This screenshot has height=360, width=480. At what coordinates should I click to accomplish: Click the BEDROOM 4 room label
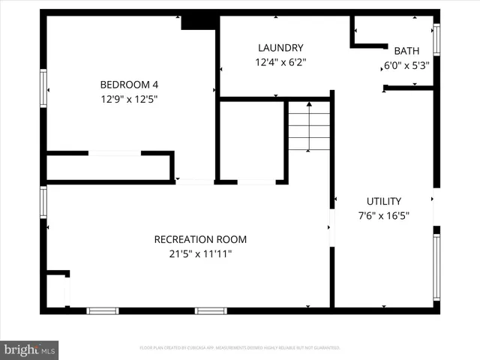click(130, 85)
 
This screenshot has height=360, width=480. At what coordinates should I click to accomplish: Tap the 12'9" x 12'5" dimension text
click(130, 98)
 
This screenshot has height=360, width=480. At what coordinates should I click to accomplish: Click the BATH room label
click(406, 51)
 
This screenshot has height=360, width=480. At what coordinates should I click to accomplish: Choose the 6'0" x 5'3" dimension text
click(406, 65)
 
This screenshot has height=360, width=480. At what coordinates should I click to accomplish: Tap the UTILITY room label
click(383, 201)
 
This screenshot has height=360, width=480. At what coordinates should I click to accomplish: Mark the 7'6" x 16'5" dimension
click(383, 215)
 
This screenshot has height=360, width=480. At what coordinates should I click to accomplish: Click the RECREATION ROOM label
click(200, 239)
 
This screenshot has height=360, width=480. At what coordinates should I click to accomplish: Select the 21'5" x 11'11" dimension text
click(200, 253)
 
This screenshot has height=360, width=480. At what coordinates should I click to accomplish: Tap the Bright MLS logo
click(30, 349)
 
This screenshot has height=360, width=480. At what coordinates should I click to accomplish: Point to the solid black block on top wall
click(199, 21)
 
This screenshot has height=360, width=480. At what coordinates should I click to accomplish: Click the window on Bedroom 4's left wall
click(43, 88)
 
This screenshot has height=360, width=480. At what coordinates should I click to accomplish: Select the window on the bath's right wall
click(436, 39)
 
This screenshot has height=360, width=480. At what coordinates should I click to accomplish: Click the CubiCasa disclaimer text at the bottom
click(240, 348)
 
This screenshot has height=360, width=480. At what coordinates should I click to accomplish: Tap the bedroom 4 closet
click(109, 167)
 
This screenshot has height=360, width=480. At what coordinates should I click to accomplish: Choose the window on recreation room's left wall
click(43, 201)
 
